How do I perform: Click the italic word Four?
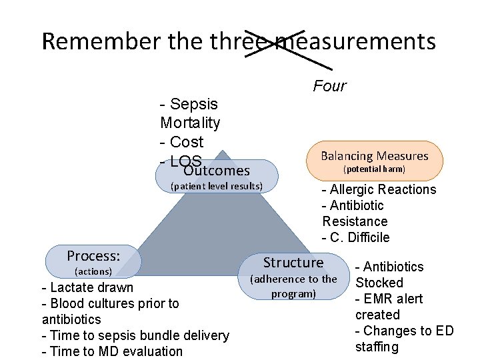[329, 86]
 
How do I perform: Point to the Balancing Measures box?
[374, 161]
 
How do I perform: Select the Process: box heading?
[93, 256]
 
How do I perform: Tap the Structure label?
[293, 262]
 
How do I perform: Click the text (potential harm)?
[374, 169]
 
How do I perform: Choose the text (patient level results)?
[217, 185]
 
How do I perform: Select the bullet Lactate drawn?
[87, 287]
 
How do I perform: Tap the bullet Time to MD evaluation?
[112, 351]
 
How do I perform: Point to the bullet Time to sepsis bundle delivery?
[135, 335]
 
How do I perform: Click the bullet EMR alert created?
[389, 307]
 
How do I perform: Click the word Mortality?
[190, 123]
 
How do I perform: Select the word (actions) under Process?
[93, 271]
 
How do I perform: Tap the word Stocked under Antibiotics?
[379, 283]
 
